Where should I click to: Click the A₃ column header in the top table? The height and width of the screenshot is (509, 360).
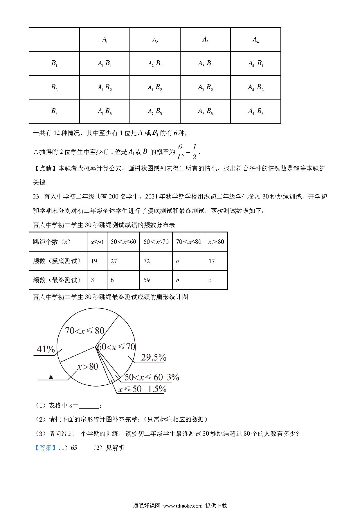click(x=205, y=40)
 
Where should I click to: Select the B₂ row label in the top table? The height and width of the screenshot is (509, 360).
click(x=54, y=87)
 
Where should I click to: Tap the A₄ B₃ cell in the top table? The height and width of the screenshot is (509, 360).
click(x=256, y=111)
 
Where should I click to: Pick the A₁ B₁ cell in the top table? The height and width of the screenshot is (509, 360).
click(x=105, y=64)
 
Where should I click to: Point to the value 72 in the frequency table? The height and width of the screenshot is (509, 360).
click(x=147, y=261)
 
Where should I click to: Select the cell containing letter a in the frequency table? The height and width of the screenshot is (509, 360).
click(x=177, y=261)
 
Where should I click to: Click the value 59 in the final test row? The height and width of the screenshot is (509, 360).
click(x=147, y=280)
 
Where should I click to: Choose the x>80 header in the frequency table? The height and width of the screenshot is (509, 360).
click(x=216, y=242)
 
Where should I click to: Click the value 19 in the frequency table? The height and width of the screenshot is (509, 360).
click(x=94, y=261)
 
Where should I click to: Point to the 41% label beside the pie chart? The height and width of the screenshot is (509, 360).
click(x=46, y=349)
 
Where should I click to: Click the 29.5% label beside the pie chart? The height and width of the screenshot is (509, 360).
click(x=153, y=358)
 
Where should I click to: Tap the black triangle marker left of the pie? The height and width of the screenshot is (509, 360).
click(x=51, y=377)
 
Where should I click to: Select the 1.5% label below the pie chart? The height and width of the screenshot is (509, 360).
click(x=157, y=389)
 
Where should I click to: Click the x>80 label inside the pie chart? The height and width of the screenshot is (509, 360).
click(x=88, y=367)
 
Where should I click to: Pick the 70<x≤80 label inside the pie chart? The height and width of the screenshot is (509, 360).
click(x=84, y=331)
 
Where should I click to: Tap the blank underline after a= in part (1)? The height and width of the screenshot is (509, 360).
click(x=89, y=406)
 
